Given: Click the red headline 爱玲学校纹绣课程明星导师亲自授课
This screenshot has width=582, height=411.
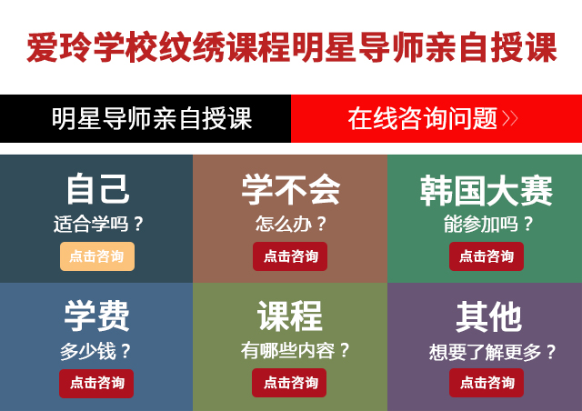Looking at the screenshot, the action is (x=292, y=47).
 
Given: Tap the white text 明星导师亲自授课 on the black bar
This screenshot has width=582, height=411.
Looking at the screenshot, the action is (x=152, y=119).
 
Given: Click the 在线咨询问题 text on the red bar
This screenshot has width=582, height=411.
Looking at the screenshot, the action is (x=422, y=119).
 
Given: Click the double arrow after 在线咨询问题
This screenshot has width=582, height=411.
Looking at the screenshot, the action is (x=510, y=119).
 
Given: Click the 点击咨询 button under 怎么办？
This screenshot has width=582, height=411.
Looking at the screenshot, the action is (x=290, y=256).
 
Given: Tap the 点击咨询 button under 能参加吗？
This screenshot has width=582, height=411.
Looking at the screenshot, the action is (x=487, y=256).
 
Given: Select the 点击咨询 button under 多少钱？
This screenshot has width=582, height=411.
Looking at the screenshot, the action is (x=96, y=384).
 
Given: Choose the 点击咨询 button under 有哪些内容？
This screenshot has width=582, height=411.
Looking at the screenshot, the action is (x=289, y=383).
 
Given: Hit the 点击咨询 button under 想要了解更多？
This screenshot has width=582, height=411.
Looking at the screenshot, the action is (x=487, y=383).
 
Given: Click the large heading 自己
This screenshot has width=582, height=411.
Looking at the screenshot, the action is (x=98, y=189).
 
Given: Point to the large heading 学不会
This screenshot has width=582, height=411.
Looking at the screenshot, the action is (x=291, y=189).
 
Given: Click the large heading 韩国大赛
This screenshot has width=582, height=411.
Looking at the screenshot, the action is (x=487, y=190).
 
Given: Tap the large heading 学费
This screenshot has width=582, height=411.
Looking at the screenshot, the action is (x=96, y=316).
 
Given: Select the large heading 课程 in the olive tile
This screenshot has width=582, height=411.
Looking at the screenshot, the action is (x=290, y=316).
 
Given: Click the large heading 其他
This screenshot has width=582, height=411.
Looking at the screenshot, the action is (x=488, y=316).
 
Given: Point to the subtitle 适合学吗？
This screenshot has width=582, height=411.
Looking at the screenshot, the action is (x=98, y=224).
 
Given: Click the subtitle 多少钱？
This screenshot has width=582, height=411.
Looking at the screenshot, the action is (x=95, y=351).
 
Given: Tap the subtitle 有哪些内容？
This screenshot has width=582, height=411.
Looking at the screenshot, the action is (x=295, y=350).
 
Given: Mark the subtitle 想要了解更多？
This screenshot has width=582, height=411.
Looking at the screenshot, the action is (x=492, y=352).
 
